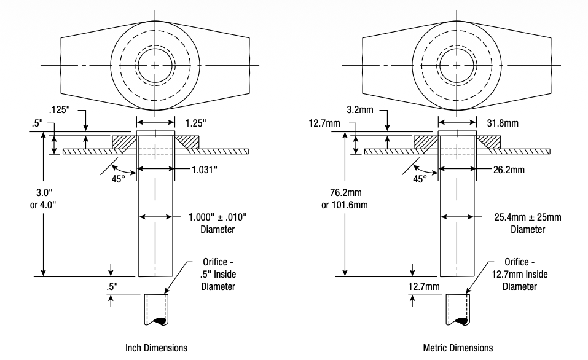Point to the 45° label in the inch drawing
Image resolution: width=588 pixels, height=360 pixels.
pos(119,179)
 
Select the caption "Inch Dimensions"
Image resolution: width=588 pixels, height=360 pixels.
pos(156,348)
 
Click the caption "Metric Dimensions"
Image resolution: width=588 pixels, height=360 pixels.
pos(458,348)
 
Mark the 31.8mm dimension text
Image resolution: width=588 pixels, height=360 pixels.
pos(502,123)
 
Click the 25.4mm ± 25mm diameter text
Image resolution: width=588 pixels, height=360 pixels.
pos(528,217)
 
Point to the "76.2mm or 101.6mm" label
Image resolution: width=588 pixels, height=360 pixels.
pos(344,198)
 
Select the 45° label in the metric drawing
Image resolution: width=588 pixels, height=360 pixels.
pos(420,179)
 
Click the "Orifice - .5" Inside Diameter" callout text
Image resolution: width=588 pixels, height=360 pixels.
pos(218,273)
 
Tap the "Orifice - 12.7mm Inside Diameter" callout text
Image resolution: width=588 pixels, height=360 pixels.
pos(520,273)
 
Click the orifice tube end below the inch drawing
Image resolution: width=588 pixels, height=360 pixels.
pos(155,310)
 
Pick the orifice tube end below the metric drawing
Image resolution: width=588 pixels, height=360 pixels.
pos(458,310)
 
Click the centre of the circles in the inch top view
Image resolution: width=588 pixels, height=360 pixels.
pos(155,66)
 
